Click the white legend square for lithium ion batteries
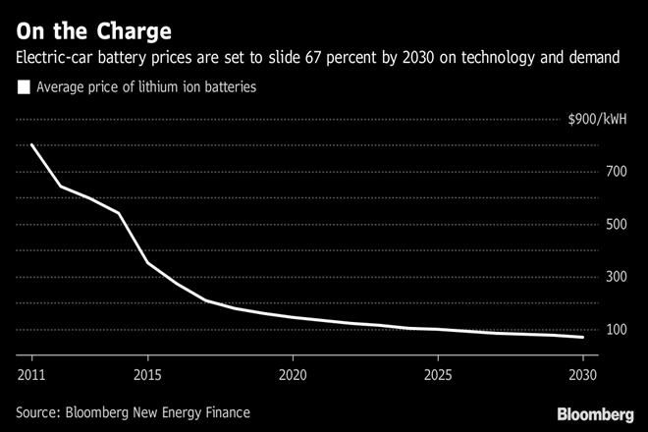pos(24,88)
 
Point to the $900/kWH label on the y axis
pos(599,121)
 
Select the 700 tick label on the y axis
pos(616,173)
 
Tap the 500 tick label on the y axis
pos(616,225)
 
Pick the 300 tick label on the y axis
pos(616,277)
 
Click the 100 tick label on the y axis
pos(616,329)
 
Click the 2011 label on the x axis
pos(31,374)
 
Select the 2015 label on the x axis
pos(147,374)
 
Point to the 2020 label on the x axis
pos(293,374)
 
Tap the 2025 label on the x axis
pos(438,374)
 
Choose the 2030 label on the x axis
pos(583,374)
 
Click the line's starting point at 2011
pos(31,145)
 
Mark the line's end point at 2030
pos(583,337)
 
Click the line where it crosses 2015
pos(147,262)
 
